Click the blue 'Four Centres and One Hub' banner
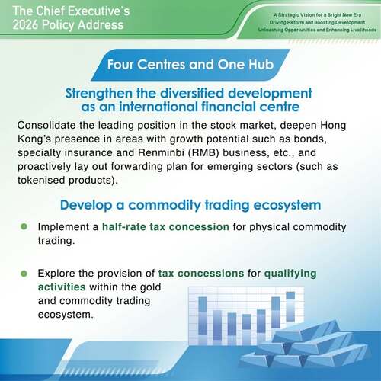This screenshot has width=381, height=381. click(x=190, y=65)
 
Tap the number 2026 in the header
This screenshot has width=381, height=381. click(x=25, y=25)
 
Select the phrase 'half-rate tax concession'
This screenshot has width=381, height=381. click(x=165, y=227)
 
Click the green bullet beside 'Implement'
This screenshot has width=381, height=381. click(x=24, y=226)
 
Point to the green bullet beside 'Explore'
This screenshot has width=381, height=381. click(x=24, y=274)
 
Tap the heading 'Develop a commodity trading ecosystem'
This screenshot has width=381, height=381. click(x=190, y=205)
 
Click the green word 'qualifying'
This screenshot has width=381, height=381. click(x=290, y=274)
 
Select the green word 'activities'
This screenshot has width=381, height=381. click(x=62, y=287)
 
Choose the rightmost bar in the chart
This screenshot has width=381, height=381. click(x=290, y=306)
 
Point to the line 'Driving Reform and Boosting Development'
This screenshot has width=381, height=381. click(x=317, y=22)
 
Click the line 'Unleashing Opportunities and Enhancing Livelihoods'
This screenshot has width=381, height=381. click(x=317, y=30)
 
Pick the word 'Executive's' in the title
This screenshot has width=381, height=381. click(x=99, y=11)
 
